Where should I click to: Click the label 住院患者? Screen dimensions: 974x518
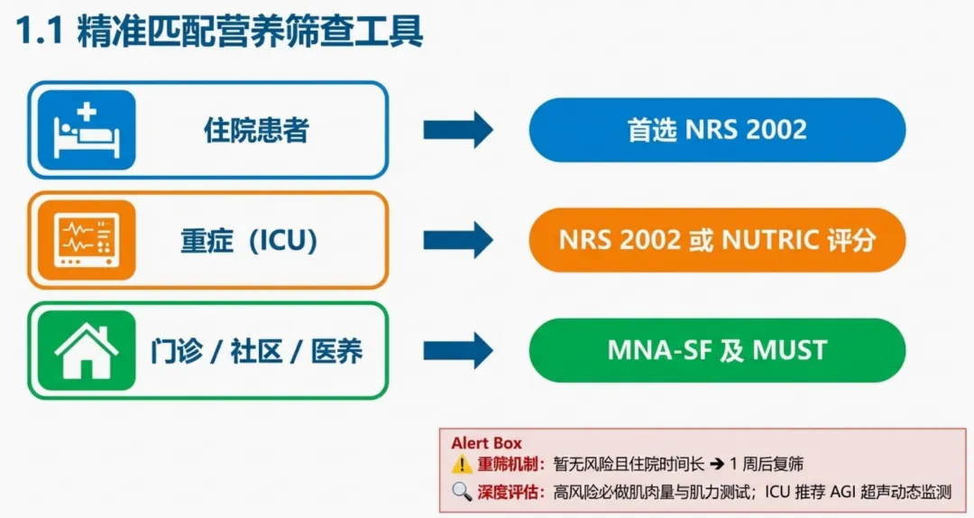point(256,131)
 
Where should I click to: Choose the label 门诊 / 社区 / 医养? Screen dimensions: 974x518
point(256,351)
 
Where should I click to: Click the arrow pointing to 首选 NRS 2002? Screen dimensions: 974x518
point(458,130)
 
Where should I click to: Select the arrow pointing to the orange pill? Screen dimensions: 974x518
point(458,240)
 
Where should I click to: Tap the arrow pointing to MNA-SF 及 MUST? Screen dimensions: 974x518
point(458,350)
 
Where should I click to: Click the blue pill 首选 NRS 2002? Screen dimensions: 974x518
point(717,130)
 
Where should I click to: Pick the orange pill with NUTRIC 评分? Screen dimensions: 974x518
point(717,240)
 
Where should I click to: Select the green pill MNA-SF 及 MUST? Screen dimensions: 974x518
point(717,350)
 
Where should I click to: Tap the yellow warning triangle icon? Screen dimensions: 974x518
point(462,465)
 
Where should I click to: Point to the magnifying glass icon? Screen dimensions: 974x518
point(462,492)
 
